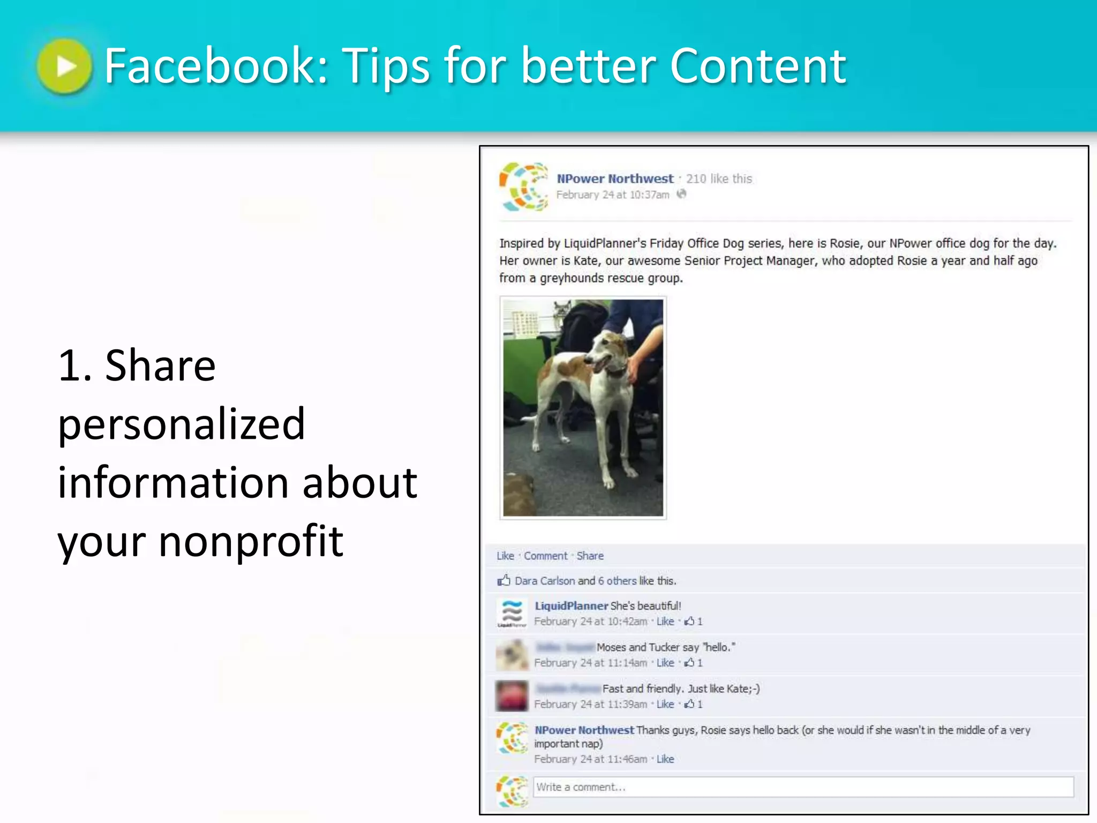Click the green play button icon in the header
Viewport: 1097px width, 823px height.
pos(65,66)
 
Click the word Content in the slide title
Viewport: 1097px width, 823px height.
pos(758,66)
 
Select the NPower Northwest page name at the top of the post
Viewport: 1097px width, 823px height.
pos(614,178)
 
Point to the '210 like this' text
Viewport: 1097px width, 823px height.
pos(719,178)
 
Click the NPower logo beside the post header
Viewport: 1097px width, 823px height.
pos(524,186)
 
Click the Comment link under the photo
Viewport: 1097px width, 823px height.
pos(545,556)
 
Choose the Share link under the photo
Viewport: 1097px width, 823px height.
pos(590,556)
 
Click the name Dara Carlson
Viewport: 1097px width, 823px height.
pos(544,581)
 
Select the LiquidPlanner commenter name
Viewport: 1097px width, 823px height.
pos(571,605)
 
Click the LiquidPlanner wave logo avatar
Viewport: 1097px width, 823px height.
pos(512,613)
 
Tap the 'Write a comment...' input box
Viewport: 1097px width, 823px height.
pos(803,787)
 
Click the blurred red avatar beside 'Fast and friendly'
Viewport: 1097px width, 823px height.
pos(512,695)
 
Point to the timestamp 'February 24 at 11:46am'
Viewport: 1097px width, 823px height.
pos(590,759)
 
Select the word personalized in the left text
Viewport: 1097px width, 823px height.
pos(182,424)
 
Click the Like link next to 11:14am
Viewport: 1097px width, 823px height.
pos(665,663)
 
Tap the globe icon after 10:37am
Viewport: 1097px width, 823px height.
pos(681,194)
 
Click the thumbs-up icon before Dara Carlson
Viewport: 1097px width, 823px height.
pos(504,580)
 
